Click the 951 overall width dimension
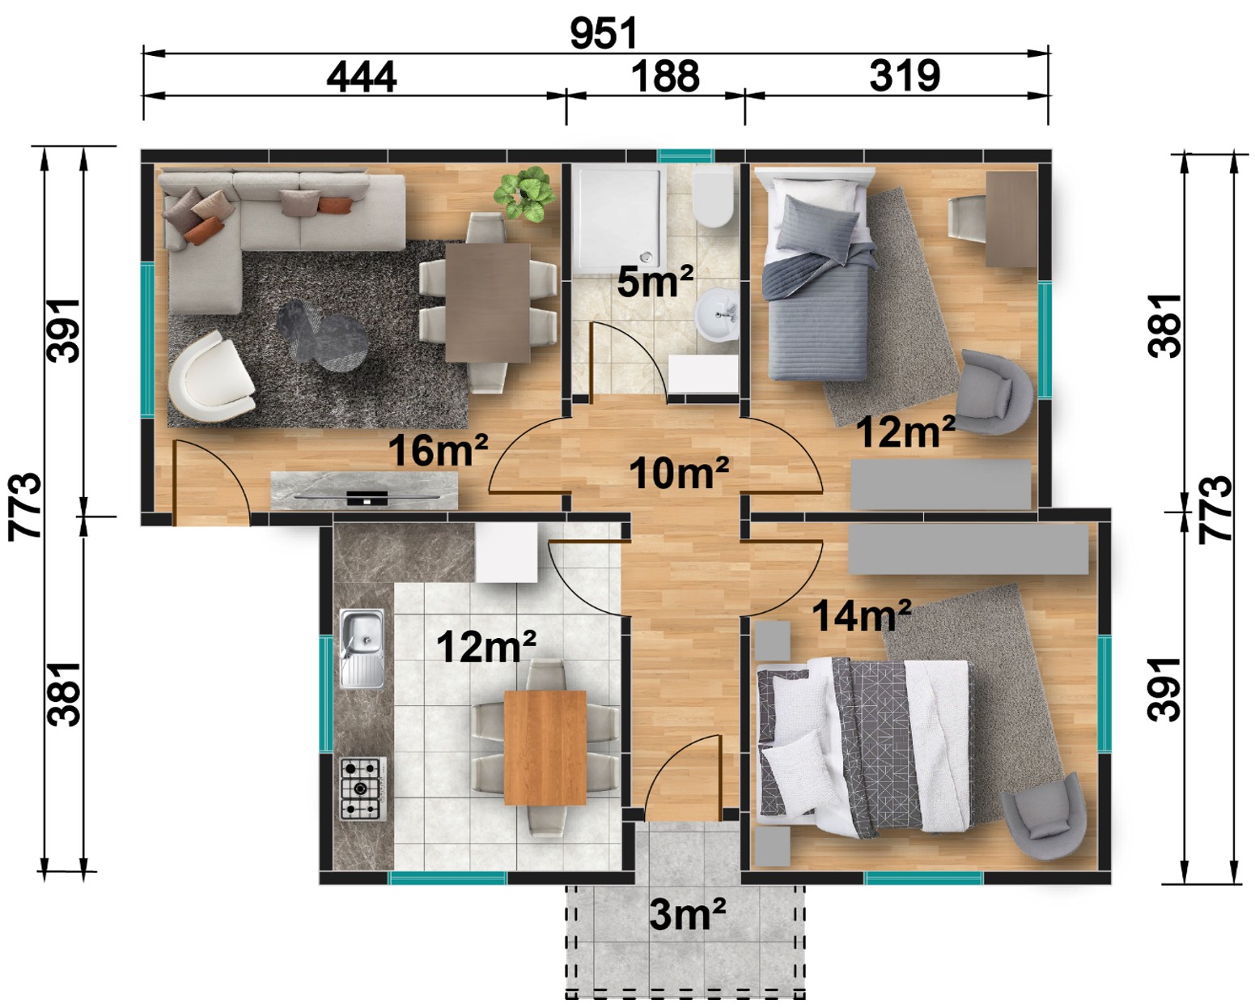pos(604,33)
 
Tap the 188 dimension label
pos(665,76)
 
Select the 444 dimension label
pos(362,76)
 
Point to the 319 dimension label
pos(905,76)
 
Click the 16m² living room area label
pos(438,450)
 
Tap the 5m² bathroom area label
pos(655,281)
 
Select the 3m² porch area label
pos(688,914)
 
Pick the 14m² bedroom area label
pos(862,615)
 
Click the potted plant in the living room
pos(524,194)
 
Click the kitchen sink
pos(362,649)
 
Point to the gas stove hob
pos(363,789)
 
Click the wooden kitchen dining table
pos(545,747)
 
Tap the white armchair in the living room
pos(210,376)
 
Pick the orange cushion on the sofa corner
pos(204,231)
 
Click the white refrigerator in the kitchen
pos(507,551)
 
